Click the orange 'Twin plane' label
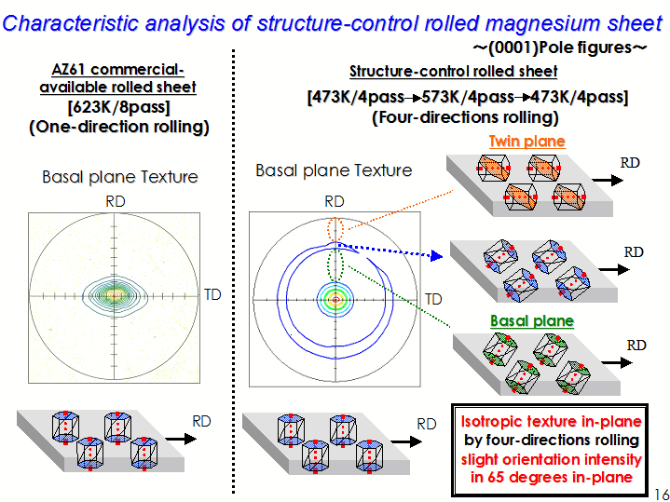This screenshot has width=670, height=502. tap(526, 141)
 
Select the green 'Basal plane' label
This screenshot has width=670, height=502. tap(532, 321)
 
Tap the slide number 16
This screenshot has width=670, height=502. tap(662, 493)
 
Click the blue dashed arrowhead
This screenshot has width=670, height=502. tap(436, 256)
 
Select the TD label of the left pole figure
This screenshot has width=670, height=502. tap(212, 295)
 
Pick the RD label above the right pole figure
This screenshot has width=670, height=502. tap(335, 201)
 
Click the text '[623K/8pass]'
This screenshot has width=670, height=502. tap(118, 106)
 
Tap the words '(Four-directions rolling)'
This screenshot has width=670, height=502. tap(465, 117)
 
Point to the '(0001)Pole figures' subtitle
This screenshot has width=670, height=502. tap(559, 47)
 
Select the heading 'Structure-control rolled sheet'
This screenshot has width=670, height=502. tap(454, 72)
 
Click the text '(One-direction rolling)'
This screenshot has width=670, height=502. tap(118, 127)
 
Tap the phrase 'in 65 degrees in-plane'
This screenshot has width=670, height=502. tap(552, 477)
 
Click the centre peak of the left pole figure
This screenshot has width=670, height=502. tap(115, 294)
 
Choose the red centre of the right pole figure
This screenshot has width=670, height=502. tap(335, 300)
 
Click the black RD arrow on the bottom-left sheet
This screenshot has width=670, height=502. tap(181, 439)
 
